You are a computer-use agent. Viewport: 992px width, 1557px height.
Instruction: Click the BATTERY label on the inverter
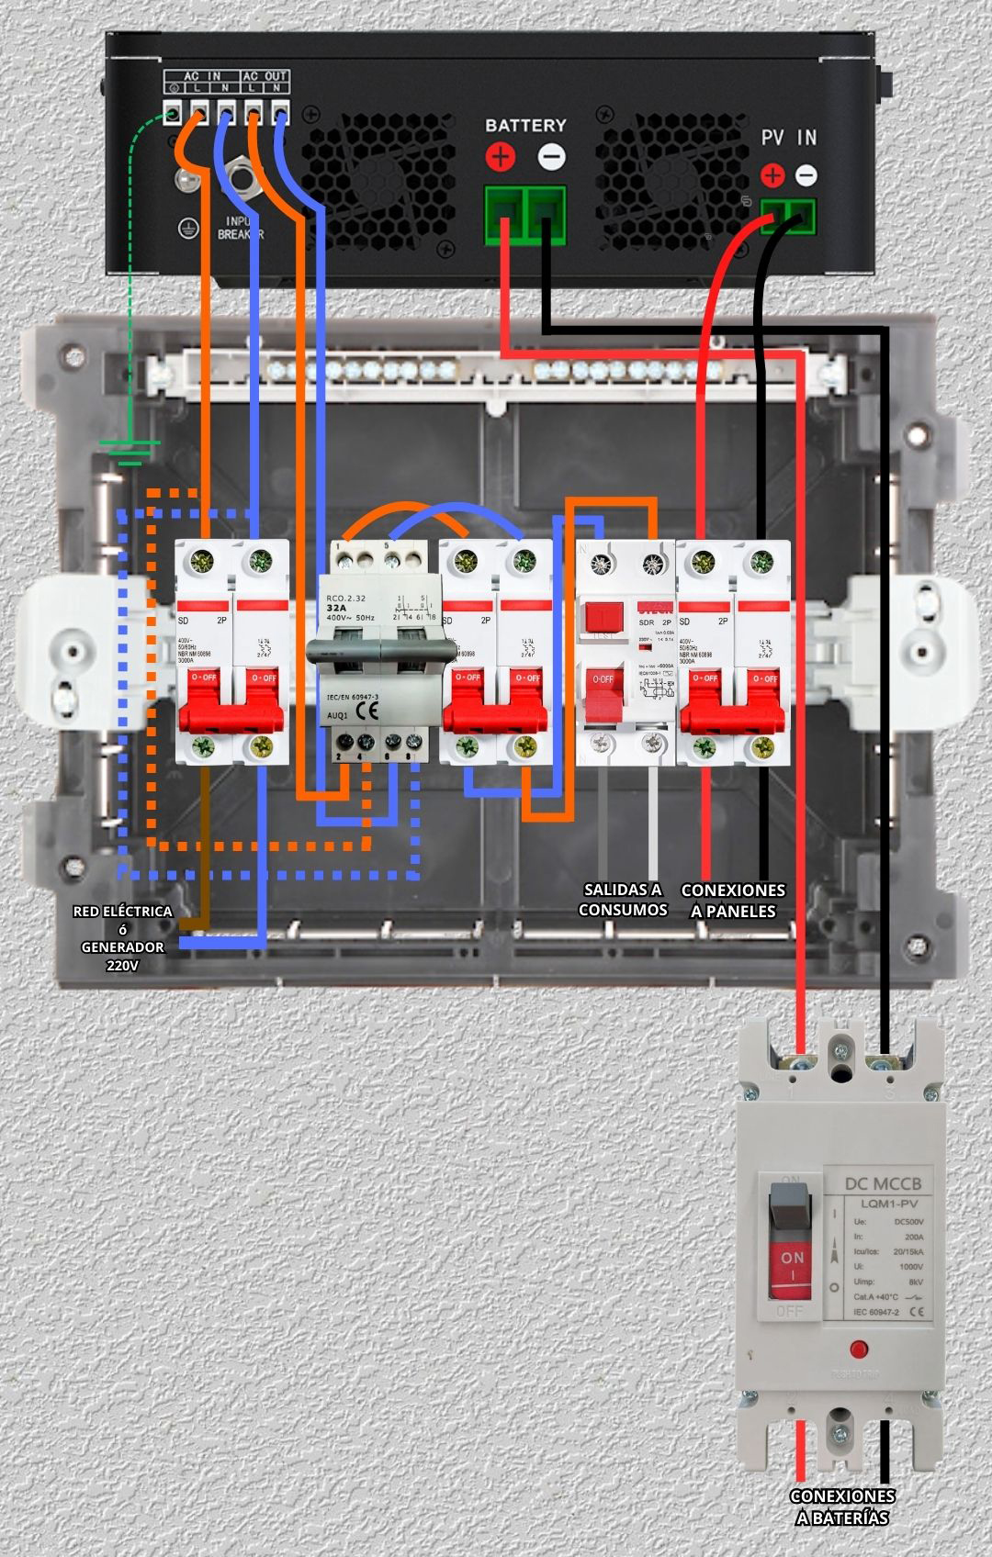(525, 125)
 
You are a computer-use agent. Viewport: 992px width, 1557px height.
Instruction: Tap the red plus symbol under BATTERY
(501, 157)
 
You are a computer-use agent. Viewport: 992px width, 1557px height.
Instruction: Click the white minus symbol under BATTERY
(551, 157)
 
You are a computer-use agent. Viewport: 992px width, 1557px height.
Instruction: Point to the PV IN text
(788, 138)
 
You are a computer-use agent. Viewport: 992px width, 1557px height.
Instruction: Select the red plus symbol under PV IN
(773, 174)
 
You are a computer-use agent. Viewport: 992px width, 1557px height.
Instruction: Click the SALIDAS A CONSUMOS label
(623, 900)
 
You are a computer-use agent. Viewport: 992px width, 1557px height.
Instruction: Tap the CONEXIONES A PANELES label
(733, 901)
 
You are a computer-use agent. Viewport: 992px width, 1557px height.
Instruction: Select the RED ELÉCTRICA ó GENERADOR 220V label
(123, 937)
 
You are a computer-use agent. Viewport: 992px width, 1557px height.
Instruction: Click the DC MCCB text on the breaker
(883, 1183)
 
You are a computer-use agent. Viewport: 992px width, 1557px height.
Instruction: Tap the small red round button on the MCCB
(859, 1349)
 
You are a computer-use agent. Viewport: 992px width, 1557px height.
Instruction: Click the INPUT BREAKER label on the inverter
(241, 228)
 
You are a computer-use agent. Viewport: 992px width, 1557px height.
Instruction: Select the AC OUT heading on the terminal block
(265, 75)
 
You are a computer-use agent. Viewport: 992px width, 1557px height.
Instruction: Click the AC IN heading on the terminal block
(202, 75)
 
